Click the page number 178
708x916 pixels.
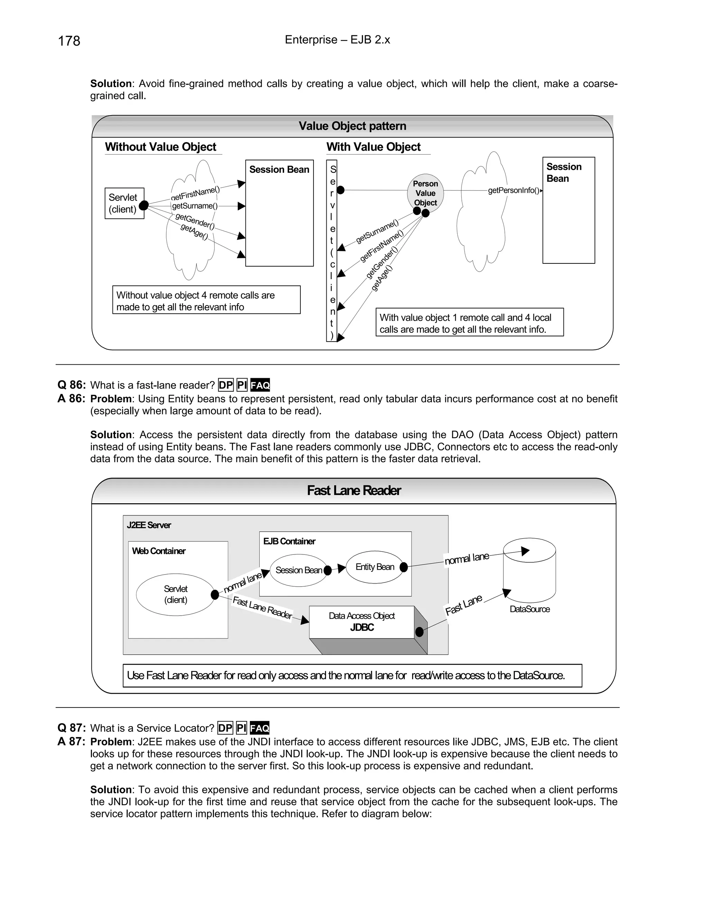[x=69, y=41]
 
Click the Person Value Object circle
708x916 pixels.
[x=425, y=193]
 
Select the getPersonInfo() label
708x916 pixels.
[x=513, y=190]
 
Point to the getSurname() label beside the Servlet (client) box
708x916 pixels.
[x=195, y=206]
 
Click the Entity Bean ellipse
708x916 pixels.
[x=374, y=567]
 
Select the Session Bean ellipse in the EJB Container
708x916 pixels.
[x=298, y=570]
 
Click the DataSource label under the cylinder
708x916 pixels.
[x=529, y=609]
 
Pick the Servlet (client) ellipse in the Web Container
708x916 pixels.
[x=175, y=594]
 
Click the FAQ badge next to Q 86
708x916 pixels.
[x=260, y=385]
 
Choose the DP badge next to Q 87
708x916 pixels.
[x=225, y=728]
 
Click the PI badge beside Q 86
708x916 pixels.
[x=242, y=385]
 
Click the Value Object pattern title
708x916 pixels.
[x=352, y=126]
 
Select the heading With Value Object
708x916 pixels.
[x=373, y=147]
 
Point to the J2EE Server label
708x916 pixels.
[x=149, y=525]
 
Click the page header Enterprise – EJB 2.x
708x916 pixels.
[x=337, y=40]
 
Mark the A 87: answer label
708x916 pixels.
[x=71, y=741]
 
